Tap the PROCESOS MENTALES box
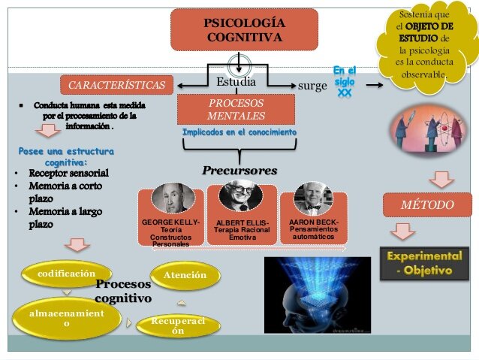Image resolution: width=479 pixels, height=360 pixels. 236,109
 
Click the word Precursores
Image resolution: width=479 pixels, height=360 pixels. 239,171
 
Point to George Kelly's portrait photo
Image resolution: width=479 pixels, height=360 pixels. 173,198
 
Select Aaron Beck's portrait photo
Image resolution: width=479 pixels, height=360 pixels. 312,198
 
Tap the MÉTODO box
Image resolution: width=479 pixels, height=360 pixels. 427,204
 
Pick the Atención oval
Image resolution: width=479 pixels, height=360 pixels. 185,275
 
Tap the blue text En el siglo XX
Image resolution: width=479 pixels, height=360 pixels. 345,81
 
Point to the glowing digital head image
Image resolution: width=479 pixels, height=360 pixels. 317,295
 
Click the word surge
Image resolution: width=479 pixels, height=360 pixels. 312,86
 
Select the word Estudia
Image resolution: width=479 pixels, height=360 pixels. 236,81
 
